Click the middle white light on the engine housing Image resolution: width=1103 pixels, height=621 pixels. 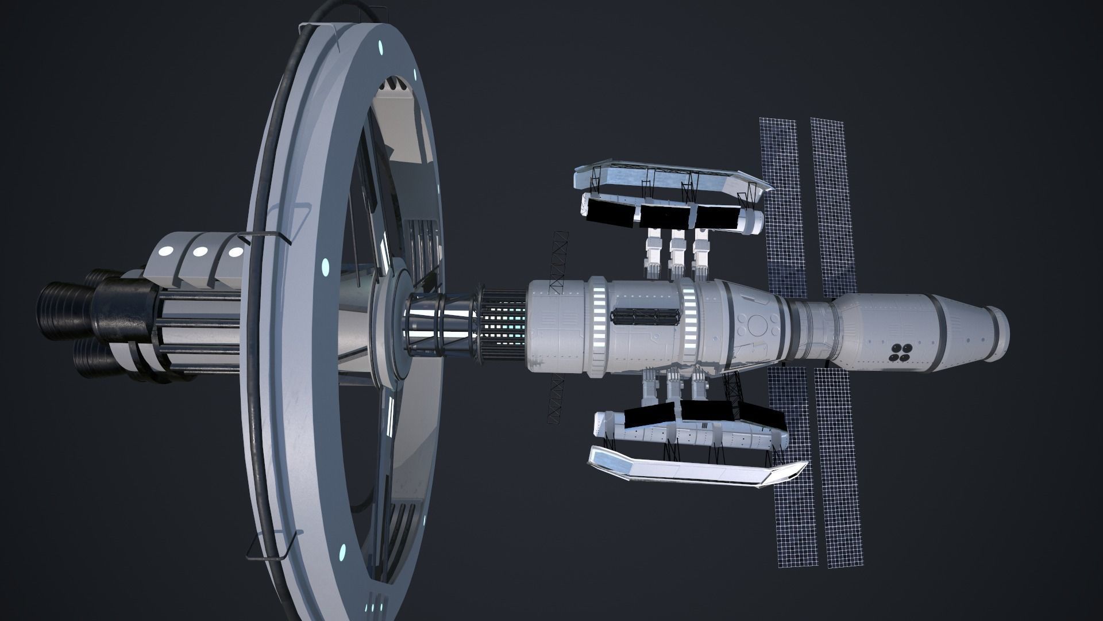200,251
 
